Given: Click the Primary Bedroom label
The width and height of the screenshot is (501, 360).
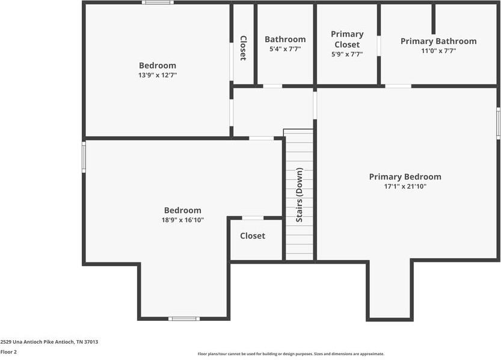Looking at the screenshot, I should pos(405,177).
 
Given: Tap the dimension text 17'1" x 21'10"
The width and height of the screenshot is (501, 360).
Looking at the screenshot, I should pos(405,187).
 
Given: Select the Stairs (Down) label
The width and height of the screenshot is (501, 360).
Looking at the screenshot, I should pos(300,195).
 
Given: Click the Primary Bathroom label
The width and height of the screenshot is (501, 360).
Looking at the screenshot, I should pos(438,42).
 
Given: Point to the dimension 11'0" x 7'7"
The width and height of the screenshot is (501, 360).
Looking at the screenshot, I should pos(438,51).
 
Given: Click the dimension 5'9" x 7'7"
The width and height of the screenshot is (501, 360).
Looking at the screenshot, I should pos(347,54).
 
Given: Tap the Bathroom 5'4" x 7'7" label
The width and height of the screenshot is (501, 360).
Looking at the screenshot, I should pos(285,40).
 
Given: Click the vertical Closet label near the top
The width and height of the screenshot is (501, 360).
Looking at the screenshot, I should pos(243,48).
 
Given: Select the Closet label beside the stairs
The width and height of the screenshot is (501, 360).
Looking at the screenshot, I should pos(253,236).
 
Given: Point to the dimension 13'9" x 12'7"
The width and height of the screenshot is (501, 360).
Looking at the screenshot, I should pos(158,75).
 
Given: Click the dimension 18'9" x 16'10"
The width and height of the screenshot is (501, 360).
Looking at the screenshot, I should pos(183,220).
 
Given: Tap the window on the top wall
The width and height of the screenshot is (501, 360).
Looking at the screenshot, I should pos(158,3).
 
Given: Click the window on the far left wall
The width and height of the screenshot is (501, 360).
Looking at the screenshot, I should pos(84,157).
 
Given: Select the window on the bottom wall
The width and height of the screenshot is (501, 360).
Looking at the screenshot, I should pos(183,318).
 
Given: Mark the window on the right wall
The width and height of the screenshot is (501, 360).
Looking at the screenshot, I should pos(498,123).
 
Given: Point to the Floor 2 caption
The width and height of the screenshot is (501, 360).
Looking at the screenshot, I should pos(8,352).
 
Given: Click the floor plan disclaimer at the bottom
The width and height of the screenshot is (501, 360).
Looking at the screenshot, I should pos(291,354).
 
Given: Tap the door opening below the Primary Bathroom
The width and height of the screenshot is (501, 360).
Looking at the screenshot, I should pos(398,86).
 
